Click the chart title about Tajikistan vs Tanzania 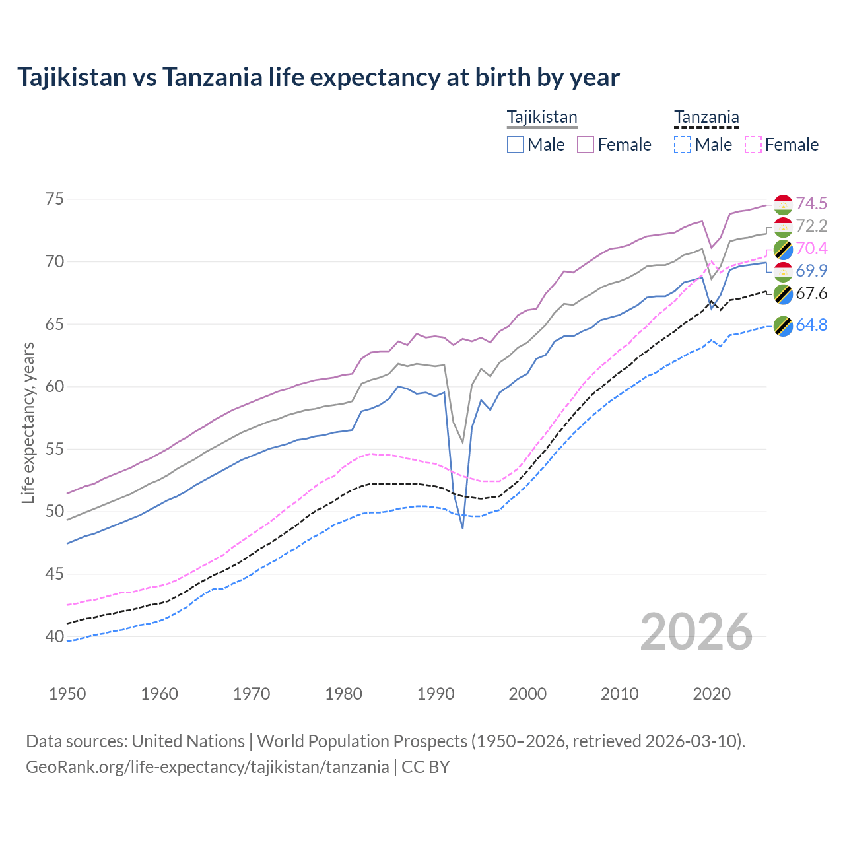click(318, 77)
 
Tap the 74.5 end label click(811, 203)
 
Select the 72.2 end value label click(811, 226)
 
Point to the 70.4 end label click(811, 248)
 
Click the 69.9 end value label click(811, 271)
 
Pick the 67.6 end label click(811, 293)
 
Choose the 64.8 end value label click(811, 325)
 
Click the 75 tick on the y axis click(55, 199)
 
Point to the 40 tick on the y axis click(55, 637)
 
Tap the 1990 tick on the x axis click(436, 694)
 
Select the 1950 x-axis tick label click(67, 694)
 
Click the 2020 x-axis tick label click(712, 694)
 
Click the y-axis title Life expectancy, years click(28, 422)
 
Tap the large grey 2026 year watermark click(696, 632)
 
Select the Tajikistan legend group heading click(542, 118)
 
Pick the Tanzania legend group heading click(706, 118)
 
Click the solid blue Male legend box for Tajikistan click(516, 145)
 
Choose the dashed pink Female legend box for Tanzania click(753, 145)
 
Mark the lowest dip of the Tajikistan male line click(463, 527)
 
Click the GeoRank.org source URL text click(207, 767)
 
